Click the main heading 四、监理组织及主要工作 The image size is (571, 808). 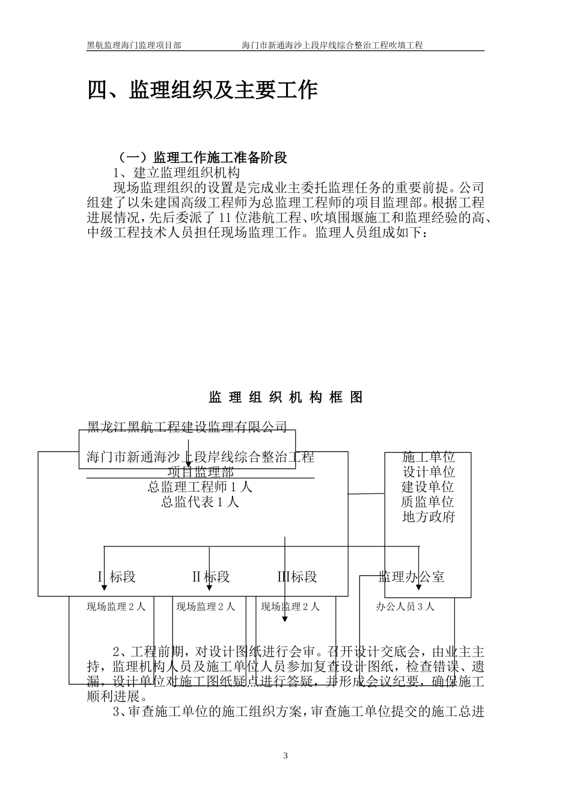pyautogui.click(x=203, y=90)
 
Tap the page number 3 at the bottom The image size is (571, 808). pyautogui.click(x=285, y=756)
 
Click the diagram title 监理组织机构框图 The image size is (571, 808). pyautogui.click(x=285, y=397)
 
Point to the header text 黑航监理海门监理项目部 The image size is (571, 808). pyautogui.click(x=134, y=45)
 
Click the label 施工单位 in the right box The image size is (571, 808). pyautogui.click(x=429, y=458)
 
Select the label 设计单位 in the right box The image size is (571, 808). pyautogui.click(x=429, y=473)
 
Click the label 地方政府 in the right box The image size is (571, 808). pyautogui.click(x=429, y=517)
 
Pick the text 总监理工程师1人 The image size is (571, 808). pyautogui.click(x=200, y=487)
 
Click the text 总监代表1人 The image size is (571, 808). pyautogui.click(x=200, y=502)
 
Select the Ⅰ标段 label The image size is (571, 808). pyautogui.click(x=117, y=577)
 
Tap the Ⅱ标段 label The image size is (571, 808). pyautogui.click(x=211, y=577)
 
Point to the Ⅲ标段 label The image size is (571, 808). pyautogui.click(x=297, y=577)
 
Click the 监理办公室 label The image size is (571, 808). pyautogui.click(x=412, y=577)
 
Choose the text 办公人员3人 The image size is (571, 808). pyautogui.click(x=405, y=607)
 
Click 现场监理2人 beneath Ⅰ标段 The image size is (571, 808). pyautogui.click(x=117, y=607)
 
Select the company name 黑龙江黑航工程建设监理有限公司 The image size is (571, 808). pyautogui.click(x=187, y=427)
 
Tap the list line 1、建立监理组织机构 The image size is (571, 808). pyautogui.click(x=176, y=173)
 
